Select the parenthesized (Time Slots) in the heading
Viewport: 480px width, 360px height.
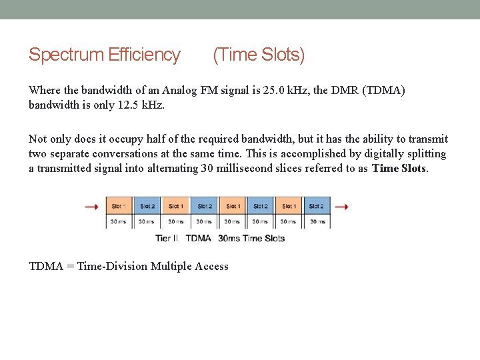click(x=259, y=55)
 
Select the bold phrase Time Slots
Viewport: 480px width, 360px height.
click(x=399, y=169)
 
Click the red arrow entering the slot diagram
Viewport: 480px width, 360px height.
click(x=92, y=207)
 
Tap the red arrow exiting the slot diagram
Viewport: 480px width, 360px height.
click(x=341, y=207)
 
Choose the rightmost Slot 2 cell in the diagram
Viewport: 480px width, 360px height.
click(x=316, y=207)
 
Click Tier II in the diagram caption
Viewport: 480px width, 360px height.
click(x=167, y=238)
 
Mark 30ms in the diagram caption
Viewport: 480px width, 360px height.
click(x=229, y=238)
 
